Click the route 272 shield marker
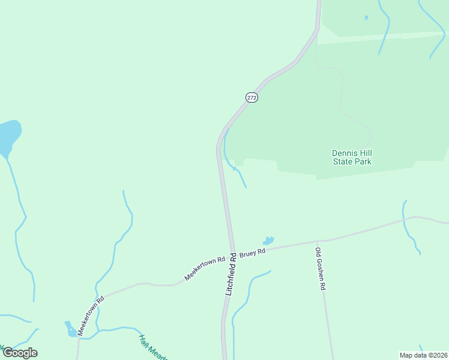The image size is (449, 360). point(252,97)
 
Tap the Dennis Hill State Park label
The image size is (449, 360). point(352,157)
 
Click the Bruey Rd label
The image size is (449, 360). point(252,253)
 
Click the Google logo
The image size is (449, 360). point(19,353)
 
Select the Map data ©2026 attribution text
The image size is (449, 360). point(423,355)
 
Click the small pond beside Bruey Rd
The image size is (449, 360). point(268,241)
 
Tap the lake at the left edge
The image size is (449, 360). point(8,137)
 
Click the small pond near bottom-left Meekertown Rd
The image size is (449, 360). point(71,329)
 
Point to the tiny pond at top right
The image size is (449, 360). point(366,17)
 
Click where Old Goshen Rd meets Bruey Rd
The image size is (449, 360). point(316,241)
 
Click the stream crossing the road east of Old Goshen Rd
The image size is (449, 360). point(405,219)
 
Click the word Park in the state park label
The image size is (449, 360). point(363,161)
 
